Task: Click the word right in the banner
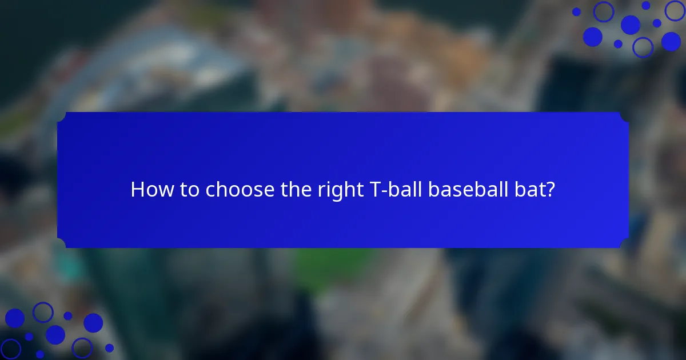coord(338,190)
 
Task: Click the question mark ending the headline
coord(550,190)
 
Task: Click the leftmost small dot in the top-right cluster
coord(576,11)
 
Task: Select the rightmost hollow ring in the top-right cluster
coord(675,11)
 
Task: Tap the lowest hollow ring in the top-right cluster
coord(643,47)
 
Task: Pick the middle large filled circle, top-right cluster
coord(631,25)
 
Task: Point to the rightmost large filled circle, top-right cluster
coord(671,41)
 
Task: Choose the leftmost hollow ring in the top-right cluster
coord(603,11)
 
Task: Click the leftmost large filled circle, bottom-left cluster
coord(15,318)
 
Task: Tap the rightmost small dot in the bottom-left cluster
coord(109,347)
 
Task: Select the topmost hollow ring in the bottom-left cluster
coord(43,312)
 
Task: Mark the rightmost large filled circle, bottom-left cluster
coord(93,323)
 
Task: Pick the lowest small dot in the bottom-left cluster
coord(39,354)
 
